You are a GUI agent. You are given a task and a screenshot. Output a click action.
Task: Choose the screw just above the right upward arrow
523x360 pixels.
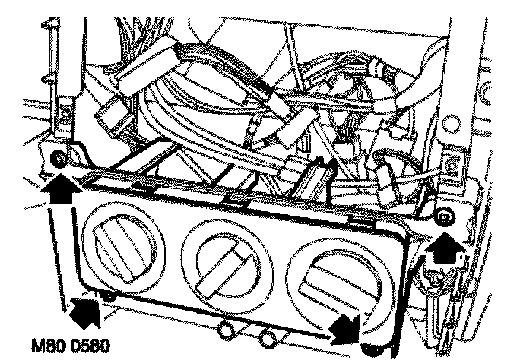(x=443, y=219)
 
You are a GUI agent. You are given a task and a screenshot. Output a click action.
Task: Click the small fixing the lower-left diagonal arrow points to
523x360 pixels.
(x=109, y=297)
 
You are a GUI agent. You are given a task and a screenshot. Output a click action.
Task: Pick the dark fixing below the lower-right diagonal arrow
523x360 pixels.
(x=370, y=350)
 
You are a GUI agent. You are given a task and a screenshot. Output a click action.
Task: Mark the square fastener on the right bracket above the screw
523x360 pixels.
(x=454, y=161)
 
